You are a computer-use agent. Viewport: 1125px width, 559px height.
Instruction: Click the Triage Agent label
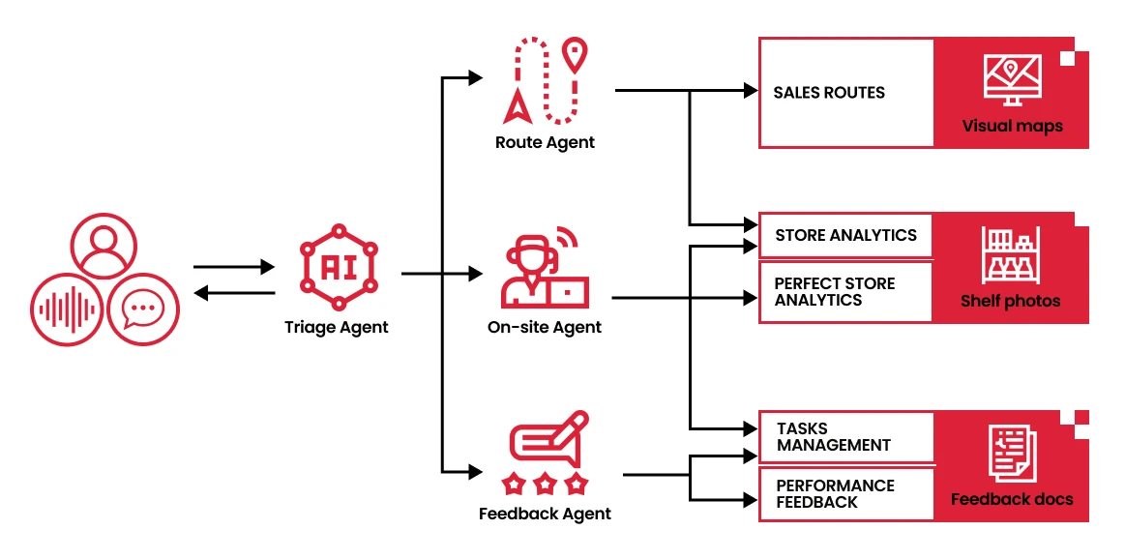point(336,327)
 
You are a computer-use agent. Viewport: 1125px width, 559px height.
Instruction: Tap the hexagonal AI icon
point(337,264)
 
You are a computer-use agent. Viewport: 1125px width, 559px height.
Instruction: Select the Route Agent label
point(545,142)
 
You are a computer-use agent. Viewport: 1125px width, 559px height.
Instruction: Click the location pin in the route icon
point(576,55)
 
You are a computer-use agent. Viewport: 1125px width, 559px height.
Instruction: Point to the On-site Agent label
point(545,327)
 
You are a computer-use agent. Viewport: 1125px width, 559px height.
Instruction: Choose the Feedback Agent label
point(545,514)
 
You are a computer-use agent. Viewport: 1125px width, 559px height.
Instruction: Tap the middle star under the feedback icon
point(545,481)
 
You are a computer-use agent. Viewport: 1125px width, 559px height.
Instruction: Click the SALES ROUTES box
point(845,93)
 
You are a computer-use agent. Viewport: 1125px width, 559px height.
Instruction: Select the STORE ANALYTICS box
point(845,235)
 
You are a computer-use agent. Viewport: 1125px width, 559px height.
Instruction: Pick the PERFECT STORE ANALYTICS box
point(845,292)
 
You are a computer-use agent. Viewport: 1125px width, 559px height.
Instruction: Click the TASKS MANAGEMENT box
point(845,437)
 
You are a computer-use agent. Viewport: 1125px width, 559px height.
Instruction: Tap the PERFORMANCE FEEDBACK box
point(845,494)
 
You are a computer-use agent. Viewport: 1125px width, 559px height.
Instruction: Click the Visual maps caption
point(1012,126)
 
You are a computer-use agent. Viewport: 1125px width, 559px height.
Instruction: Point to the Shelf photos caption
point(1010,301)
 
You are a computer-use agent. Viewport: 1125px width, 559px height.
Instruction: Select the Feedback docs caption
point(1012,499)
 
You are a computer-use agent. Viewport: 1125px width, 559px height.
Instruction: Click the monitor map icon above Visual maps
point(1012,79)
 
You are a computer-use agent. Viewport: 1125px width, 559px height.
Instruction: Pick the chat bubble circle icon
point(143,310)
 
